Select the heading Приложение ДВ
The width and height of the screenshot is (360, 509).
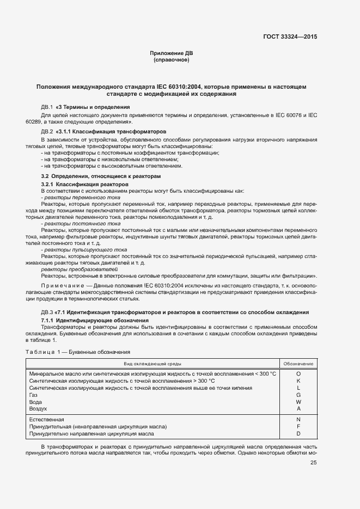pos(172,53)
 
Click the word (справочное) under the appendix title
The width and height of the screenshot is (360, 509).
pos(172,59)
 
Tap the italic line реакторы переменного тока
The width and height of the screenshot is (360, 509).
pos(75,197)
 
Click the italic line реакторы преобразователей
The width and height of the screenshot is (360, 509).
pos(71,269)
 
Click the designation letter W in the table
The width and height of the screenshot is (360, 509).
pos(298,401)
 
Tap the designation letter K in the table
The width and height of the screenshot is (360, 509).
pos(298,381)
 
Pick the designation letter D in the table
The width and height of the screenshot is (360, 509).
pos(298,434)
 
